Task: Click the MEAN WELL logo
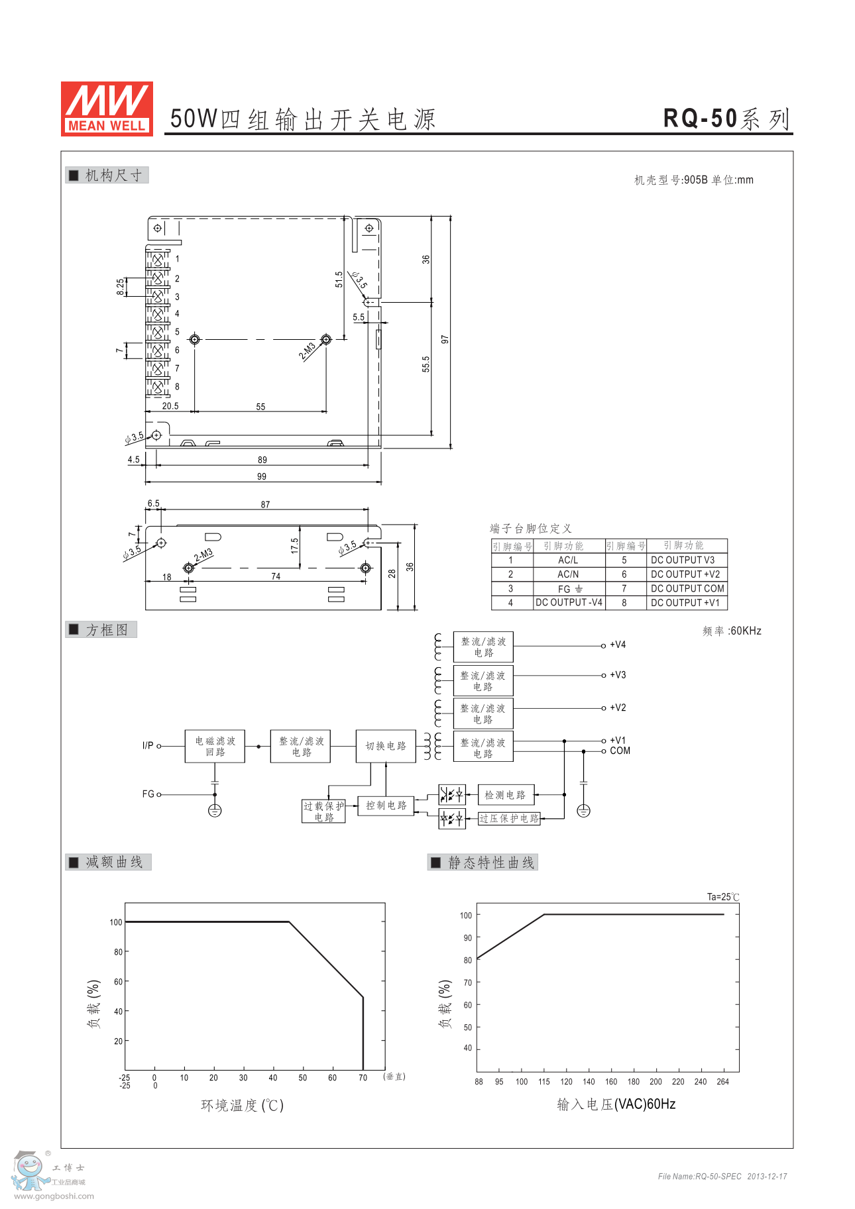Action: coord(107,109)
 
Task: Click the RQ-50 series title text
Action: coord(727,119)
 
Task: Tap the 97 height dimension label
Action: coord(445,339)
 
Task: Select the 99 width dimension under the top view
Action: coord(262,476)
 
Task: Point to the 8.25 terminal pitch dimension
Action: coord(120,287)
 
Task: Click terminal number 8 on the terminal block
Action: coord(177,387)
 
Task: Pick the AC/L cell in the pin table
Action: coord(568,560)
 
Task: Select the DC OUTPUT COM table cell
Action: coord(687,588)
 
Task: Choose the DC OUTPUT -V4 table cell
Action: coord(569,602)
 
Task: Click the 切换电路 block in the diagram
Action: coord(386,746)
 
